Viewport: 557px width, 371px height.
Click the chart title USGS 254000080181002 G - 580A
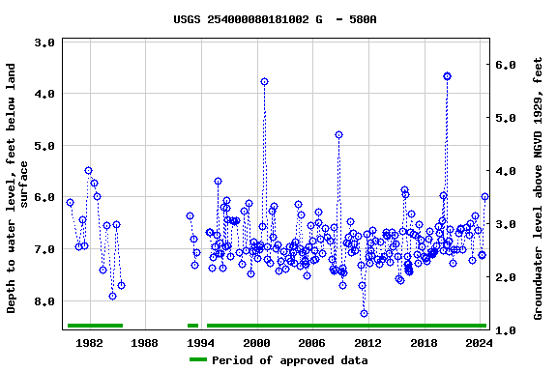(276, 19)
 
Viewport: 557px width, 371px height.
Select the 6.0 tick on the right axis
(508, 65)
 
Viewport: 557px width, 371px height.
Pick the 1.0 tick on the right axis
(508, 330)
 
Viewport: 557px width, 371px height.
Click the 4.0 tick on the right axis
(508, 171)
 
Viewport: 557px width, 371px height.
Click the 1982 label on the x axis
(89, 343)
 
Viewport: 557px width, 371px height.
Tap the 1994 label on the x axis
(200, 343)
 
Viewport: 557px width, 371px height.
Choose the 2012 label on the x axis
(367, 343)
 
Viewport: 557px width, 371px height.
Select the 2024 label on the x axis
(479, 343)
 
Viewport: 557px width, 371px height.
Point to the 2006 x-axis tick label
(311, 343)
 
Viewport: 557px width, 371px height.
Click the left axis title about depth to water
(18, 188)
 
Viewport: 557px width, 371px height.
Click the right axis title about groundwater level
(539, 188)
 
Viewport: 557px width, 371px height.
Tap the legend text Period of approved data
(289, 360)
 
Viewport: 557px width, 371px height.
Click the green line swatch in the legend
(197, 360)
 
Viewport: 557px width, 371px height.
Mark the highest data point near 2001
(264, 82)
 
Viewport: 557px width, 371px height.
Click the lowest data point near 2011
(364, 313)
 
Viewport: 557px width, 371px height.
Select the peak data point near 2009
(338, 134)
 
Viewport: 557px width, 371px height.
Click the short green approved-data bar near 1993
(192, 326)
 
